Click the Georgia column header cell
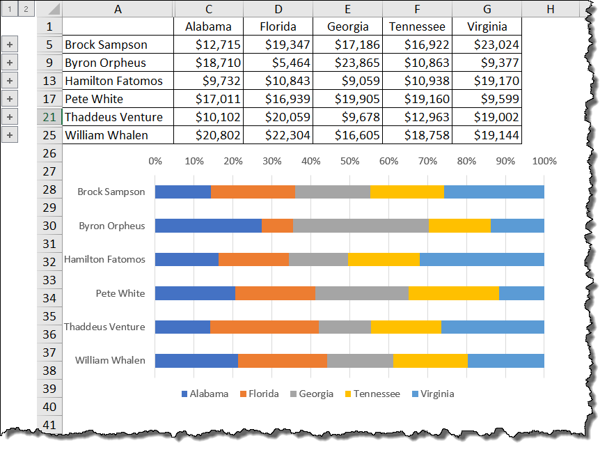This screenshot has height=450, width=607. point(347,26)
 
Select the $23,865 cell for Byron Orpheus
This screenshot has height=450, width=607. point(347,63)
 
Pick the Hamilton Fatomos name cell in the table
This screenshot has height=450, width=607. point(118,81)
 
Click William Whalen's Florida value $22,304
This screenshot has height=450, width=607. point(278,135)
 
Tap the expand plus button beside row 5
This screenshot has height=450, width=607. point(10,45)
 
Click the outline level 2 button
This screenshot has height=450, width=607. point(25,9)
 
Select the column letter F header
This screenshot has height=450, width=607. point(417,8)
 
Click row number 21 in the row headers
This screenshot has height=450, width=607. point(49,117)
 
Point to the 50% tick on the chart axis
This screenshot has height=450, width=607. point(349,161)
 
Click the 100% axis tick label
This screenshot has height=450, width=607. point(544,161)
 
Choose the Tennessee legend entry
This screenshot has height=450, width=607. point(372,394)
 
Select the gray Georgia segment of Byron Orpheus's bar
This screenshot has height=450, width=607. point(361,226)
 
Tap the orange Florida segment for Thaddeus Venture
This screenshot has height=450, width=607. point(264,327)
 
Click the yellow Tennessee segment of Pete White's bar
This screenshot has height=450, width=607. point(453,293)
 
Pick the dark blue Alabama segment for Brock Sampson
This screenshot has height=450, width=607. point(182,192)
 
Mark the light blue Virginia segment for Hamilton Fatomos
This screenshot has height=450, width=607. point(482,259)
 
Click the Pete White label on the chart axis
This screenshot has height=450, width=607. point(120,293)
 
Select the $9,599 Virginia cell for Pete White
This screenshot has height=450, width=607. point(487,99)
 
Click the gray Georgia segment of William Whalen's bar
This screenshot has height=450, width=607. point(360,360)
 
